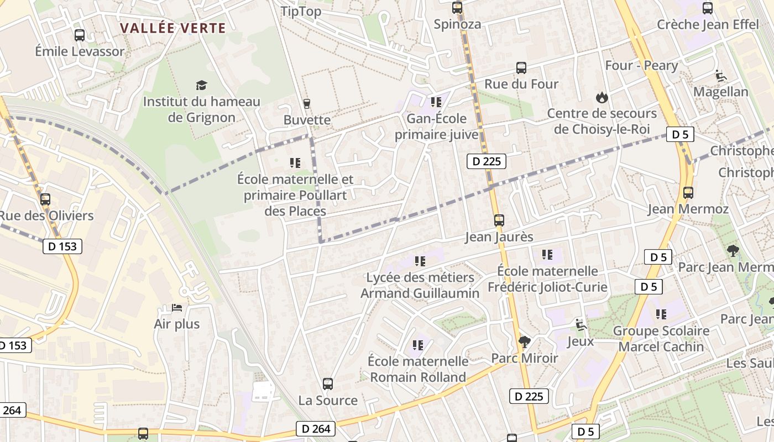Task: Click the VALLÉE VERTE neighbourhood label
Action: pos(173,28)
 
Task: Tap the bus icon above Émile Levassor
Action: pos(80,35)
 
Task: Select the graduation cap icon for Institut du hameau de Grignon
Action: pos(201,85)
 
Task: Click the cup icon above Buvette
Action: pos(307,103)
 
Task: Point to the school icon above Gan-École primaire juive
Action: pos(436,102)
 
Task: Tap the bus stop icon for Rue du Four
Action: pos(521,68)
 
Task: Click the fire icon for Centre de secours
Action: pos(602,98)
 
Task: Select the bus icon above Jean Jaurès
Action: pos(499,220)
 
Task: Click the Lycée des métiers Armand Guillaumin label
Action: pos(420,285)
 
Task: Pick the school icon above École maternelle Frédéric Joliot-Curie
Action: pos(547,255)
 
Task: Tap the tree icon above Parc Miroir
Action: pos(524,342)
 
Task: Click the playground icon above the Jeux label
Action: pos(580,325)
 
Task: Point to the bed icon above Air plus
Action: pos(177,307)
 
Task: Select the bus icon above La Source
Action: pos(328,383)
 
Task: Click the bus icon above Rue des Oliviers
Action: pos(45,199)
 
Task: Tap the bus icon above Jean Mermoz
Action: pos(688,193)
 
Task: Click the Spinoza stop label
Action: pos(457,24)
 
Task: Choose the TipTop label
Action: pos(301,12)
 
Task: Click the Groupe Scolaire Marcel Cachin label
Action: pos(661,339)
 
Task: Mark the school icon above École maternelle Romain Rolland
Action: pos(418,345)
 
